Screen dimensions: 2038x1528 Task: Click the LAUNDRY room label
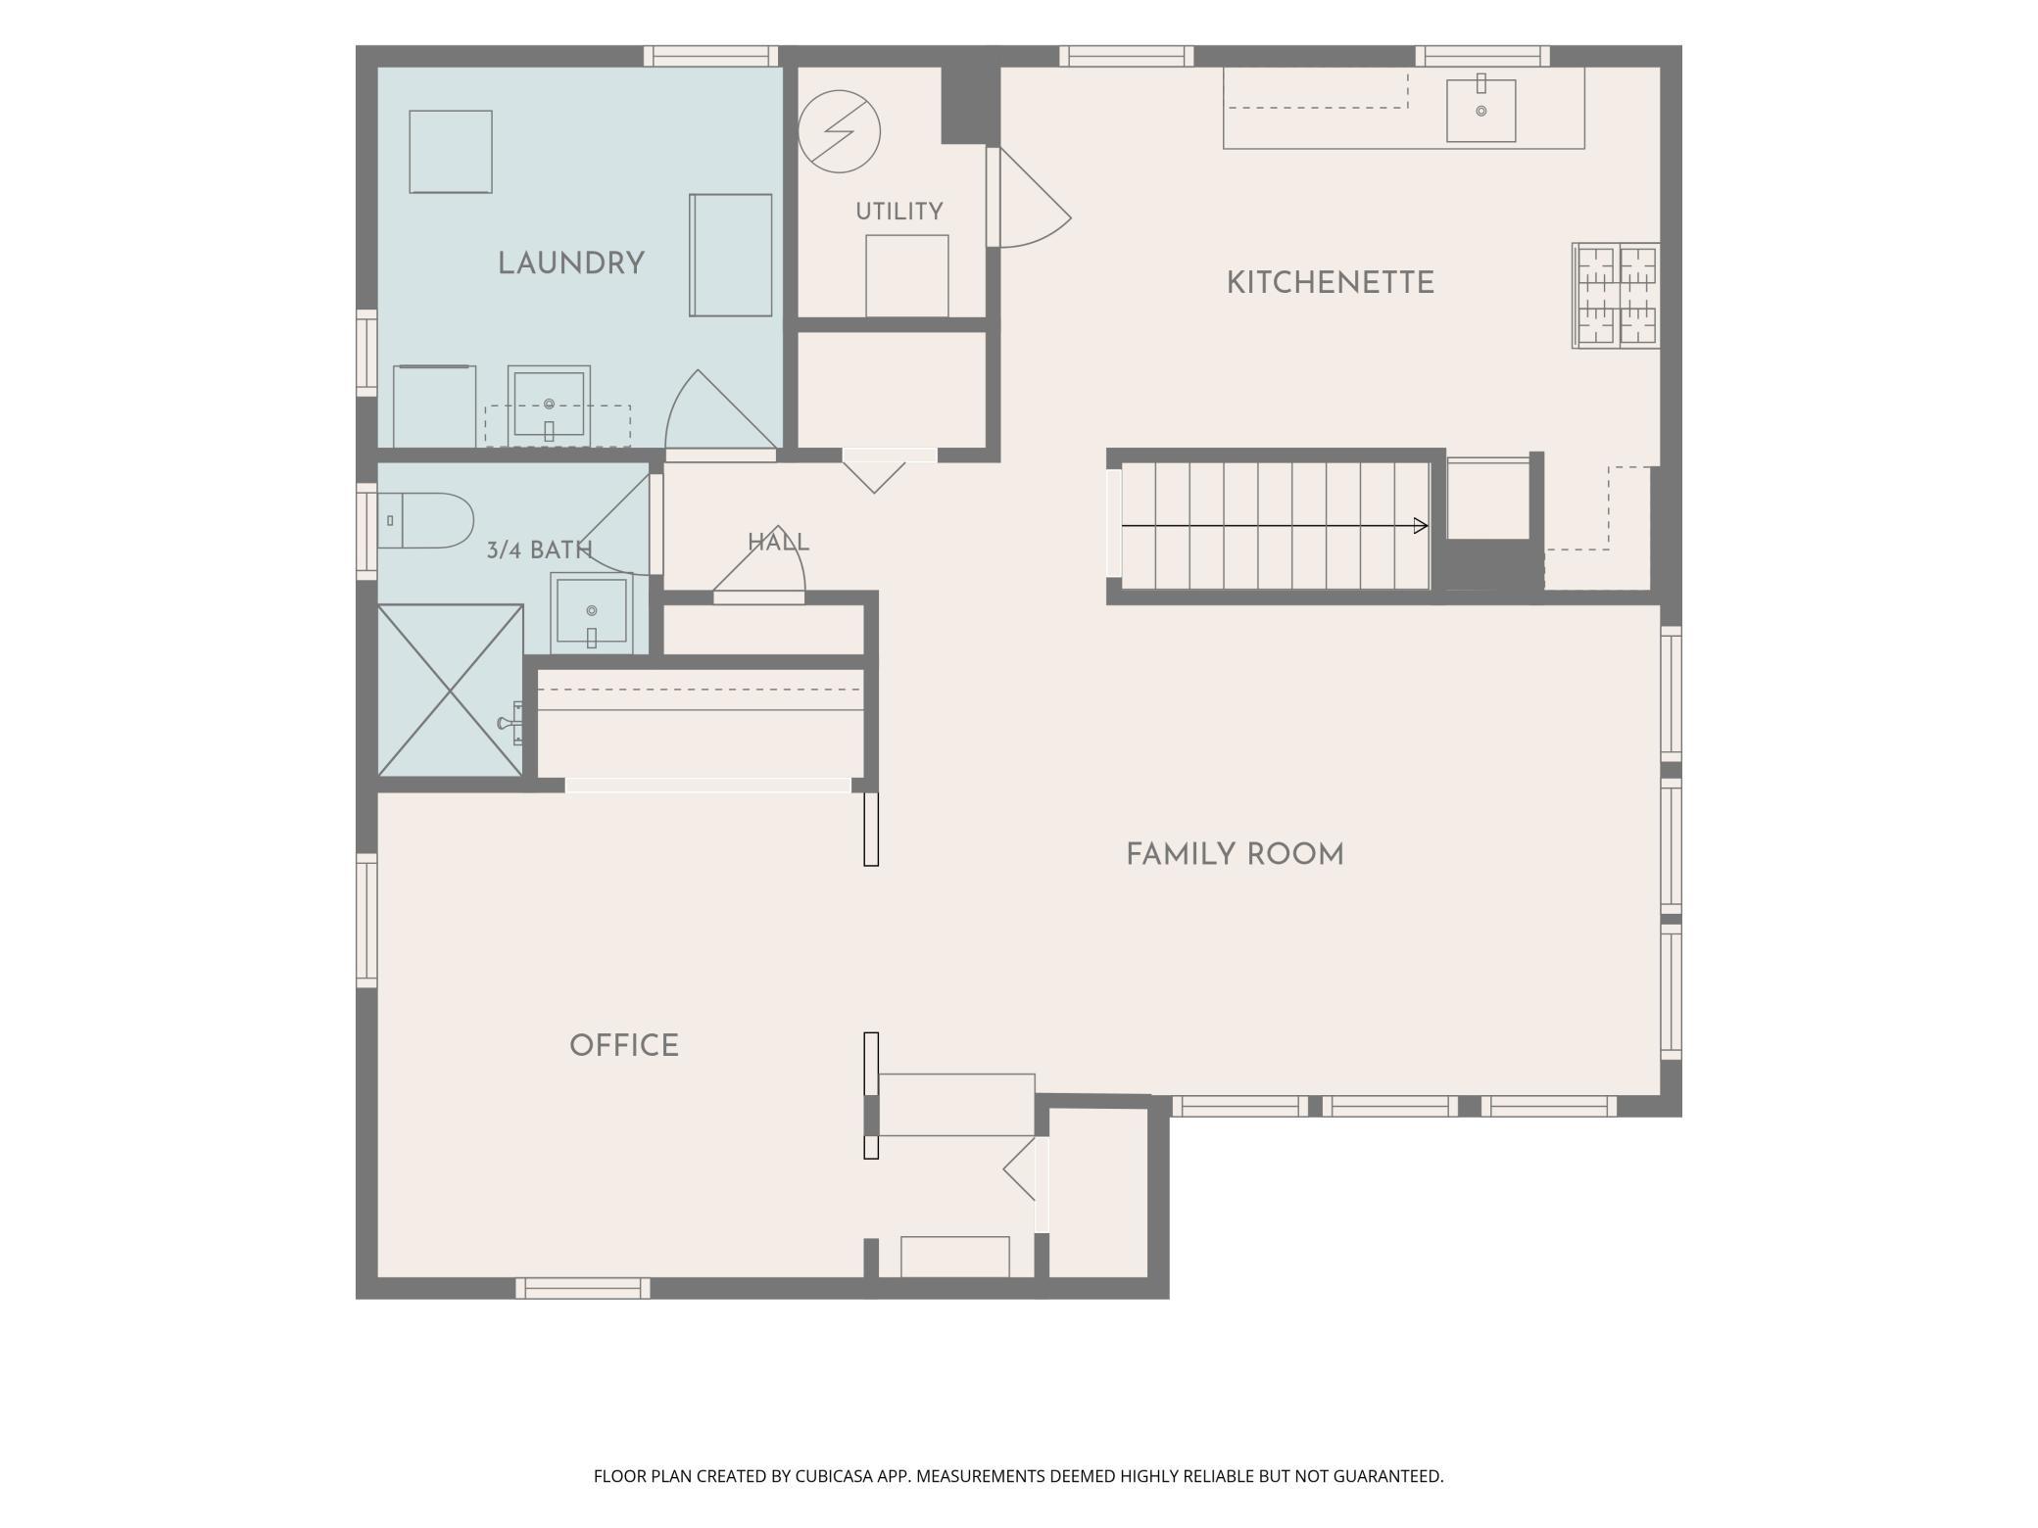pyautogui.click(x=570, y=263)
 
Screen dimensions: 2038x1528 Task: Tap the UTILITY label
pyautogui.click(x=898, y=212)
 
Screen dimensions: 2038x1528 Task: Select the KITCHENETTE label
pyautogui.click(x=1330, y=283)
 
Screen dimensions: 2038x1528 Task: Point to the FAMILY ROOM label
pyautogui.click(x=1235, y=855)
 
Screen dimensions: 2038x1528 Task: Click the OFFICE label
pyautogui.click(x=624, y=1045)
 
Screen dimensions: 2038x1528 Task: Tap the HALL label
pyautogui.click(x=778, y=543)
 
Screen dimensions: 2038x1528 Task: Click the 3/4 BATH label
pyautogui.click(x=540, y=550)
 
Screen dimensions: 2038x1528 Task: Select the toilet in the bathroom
pyautogui.click(x=425, y=520)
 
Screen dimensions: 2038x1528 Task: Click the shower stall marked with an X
pyautogui.click(x=451, y=691)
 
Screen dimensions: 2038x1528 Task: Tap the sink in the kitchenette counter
pyautogui.click(x=1480, y=110)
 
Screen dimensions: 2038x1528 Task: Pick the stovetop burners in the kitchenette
pyautogui.click(x=1616, y=295)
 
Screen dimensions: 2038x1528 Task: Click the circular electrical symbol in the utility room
pyautogui.click(x=839, y=131)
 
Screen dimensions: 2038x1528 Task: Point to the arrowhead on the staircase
pyautogui.click(x=1422, y=526)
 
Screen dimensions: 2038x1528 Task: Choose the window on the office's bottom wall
pyautogui.click(x=583, y=1288)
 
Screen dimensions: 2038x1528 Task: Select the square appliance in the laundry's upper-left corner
pyautogui.click(x=451, y=152)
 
